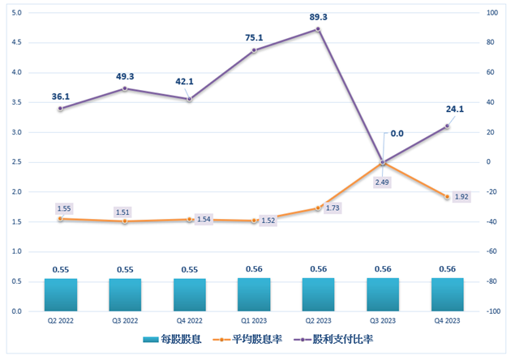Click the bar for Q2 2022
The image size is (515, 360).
click(x=61, y=294)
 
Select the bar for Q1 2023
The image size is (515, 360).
click(x=254, y=294)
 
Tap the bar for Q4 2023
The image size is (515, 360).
click(x=447, y=294)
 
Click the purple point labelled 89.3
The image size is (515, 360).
click(x=318, y=29)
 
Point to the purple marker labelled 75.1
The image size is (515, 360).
click(x=254, y=50)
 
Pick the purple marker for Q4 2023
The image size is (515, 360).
click(x=447, y=126)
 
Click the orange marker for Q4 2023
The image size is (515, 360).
click(x=447, y=197)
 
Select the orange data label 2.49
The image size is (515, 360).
click(x=382, y=182)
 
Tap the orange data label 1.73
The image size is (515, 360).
click(x=331, y=208)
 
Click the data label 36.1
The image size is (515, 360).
click(x=61, y=96)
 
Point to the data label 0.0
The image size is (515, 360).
click(x=397, y=134)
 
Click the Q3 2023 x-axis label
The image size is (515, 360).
click(x=383, y=321)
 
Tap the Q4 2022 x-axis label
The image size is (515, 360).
click(x=190, y=321)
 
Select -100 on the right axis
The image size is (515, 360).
click(x=493, y=311)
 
